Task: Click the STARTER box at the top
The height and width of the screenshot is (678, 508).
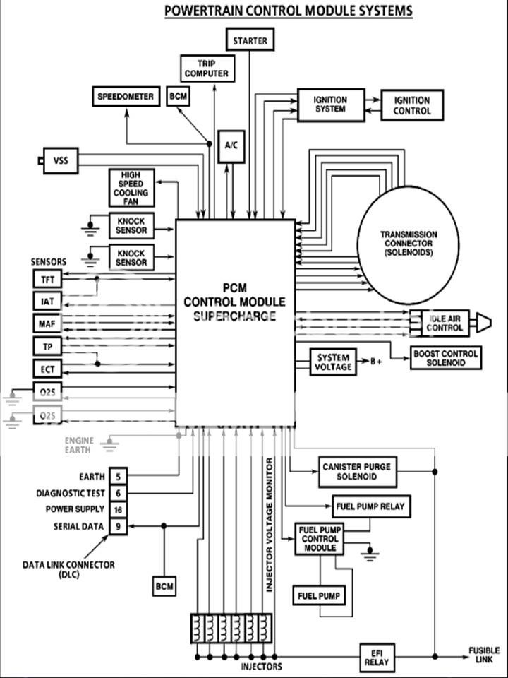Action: [x=250, y=40]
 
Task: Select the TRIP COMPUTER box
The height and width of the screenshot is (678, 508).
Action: [x=207, y=68]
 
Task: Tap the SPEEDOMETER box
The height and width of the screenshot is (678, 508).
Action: [x=125, y=97]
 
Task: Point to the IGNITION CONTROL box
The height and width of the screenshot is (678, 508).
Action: [x=412, y=106]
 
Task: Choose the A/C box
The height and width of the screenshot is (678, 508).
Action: [x=231, y=145]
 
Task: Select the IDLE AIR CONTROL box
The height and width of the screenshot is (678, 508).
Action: [x=445, y=323]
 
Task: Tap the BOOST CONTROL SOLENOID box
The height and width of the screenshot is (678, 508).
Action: [x=445, y=357]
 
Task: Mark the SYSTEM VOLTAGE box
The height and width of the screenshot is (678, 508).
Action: [x=333, y=363]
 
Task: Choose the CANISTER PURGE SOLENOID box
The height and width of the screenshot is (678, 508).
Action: [x=357, y=472]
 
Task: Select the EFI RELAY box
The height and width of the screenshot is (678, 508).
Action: [x=377, y=658]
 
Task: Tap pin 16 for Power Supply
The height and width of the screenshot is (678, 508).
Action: [x=118, y=509]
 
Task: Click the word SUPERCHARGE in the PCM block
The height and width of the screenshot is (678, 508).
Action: [x=234, y=316]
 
